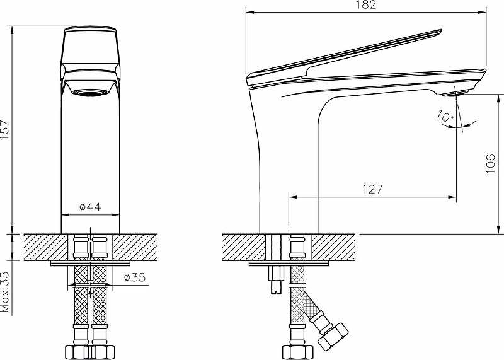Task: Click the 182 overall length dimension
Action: [x=366, y=4]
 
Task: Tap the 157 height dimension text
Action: [x=5, y=130]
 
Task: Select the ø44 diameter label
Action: [x=90, y=207]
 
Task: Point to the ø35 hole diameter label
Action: [x=135, y=277]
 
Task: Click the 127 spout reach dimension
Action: [x=372, y=189]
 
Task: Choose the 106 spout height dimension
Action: [x=491, y=164]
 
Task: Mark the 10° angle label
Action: [x=445, y=116]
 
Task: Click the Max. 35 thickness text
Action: [x=5, y=292]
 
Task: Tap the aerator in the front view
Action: [x=89, y=93]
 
